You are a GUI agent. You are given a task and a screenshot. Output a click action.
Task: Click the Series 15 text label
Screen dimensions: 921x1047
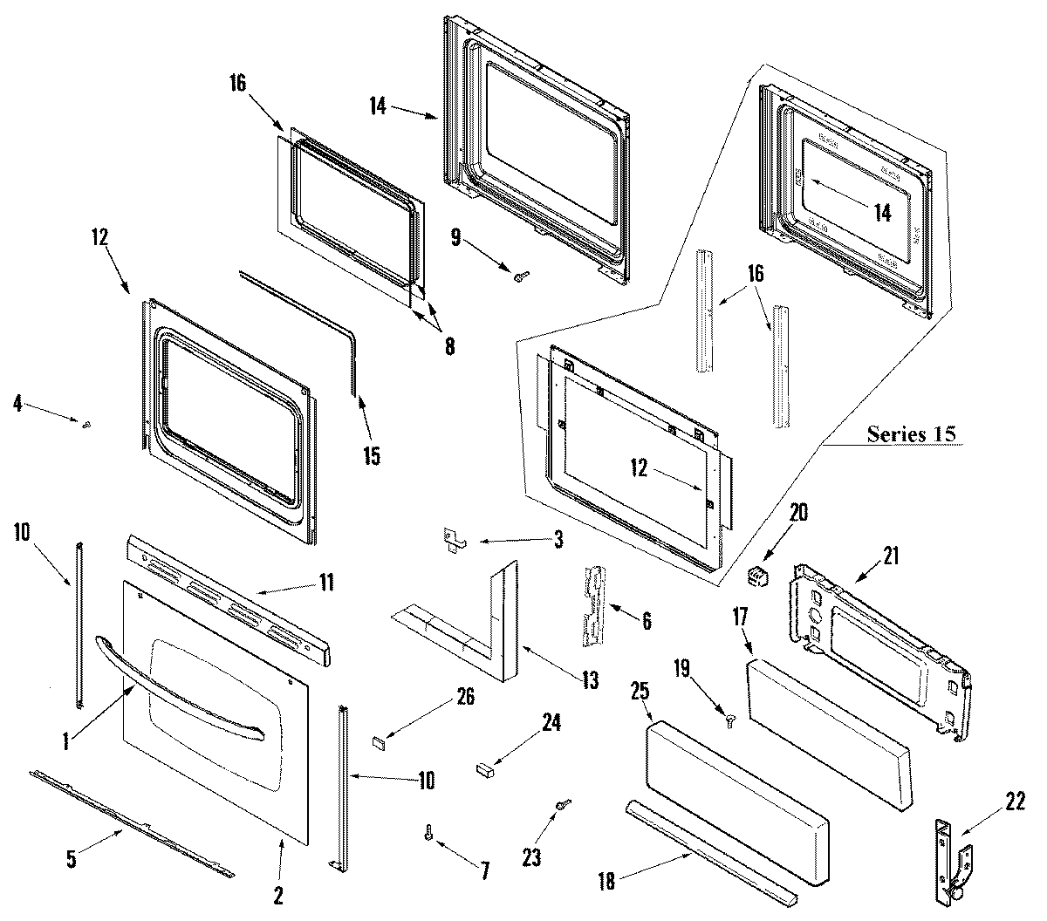click(x=911, y=433)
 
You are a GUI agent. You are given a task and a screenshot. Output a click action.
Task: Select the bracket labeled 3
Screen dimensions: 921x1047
click(x=454, y=541)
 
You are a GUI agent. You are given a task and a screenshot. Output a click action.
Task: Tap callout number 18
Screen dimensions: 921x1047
click(x=606, y=881)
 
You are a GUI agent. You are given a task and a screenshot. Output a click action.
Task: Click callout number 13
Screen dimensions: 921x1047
click(x=589, y=680)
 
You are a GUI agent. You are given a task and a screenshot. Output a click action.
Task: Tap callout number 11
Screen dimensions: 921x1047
click(x=325, y=583)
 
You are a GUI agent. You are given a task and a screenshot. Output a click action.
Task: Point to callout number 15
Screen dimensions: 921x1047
click(x=372, y=455)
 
